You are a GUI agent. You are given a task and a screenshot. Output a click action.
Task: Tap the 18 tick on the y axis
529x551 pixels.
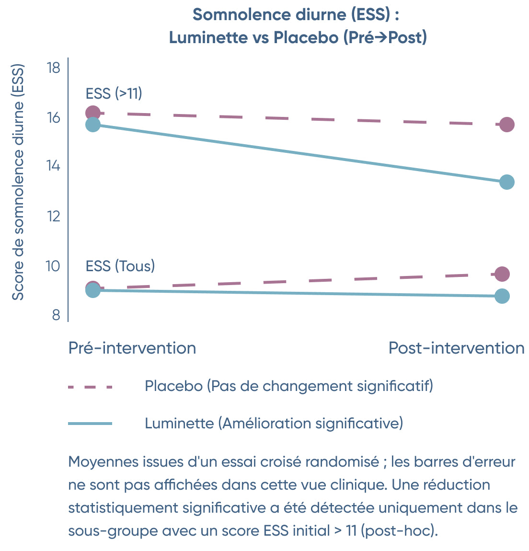pos(53,68)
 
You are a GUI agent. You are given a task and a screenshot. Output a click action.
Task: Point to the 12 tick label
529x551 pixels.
pos(53,216)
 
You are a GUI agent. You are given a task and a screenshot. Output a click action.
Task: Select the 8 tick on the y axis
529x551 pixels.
pos(56,315)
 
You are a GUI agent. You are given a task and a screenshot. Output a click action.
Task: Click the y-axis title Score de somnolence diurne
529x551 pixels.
pos(18,182)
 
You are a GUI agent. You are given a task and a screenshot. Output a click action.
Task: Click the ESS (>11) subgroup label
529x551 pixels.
pos(114,93)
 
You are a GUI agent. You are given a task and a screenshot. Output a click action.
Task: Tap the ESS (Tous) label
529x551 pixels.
pos(120,266)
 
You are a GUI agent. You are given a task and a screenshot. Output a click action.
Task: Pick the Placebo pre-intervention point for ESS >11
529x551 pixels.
pos(92,113)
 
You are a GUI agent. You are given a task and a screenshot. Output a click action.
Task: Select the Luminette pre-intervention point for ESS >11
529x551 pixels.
pos(92,125)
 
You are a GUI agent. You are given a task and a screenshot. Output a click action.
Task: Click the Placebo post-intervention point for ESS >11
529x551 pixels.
pos(506,125)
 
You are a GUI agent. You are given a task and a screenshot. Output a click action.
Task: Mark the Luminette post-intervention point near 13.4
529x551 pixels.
pos(506,182)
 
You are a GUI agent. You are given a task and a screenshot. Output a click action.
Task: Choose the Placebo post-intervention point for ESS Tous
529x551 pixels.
pos(502,274)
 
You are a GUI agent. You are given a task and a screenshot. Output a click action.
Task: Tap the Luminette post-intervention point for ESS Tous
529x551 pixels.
pos(502,296)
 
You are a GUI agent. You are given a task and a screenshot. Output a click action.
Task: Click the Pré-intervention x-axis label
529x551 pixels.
pos(132,348)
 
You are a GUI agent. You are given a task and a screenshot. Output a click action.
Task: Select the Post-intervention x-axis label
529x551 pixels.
pos(456,348)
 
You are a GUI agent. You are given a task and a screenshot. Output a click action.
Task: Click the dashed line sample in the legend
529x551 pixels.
pos(90,387)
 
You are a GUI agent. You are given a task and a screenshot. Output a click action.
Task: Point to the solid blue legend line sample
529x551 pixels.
pos(90,424)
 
